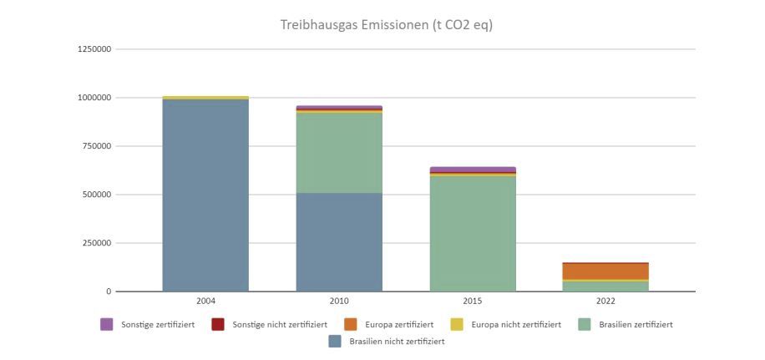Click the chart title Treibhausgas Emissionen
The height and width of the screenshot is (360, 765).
[386, 25]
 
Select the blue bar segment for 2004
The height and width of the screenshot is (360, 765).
[205, 195]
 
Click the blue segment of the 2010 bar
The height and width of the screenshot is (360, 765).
[339, 242]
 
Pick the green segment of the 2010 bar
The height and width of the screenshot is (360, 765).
[339, 153]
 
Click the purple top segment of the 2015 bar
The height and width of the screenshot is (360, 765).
[473, 170]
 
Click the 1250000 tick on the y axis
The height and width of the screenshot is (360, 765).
[94, 49]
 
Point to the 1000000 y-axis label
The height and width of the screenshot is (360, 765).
[94, 98]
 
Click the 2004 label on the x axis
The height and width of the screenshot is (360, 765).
[205, 301]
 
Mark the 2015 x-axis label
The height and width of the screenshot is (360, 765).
[473, 301]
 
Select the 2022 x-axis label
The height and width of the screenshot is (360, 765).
[606, 301]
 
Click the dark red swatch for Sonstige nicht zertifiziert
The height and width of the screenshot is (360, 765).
[218, 324]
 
